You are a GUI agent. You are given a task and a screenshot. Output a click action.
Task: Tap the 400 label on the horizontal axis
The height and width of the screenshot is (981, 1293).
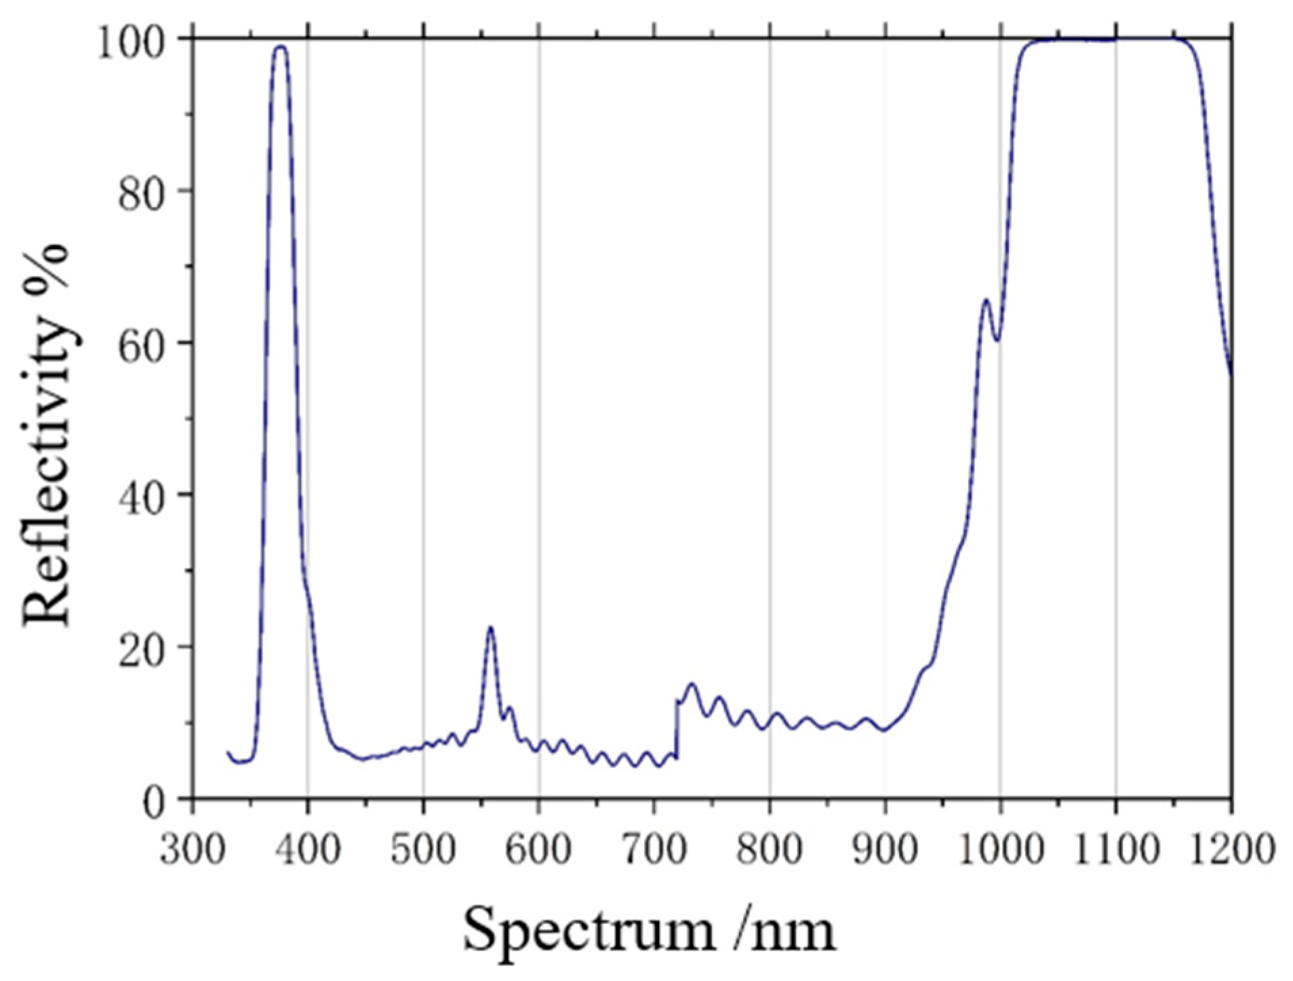click(307, 849)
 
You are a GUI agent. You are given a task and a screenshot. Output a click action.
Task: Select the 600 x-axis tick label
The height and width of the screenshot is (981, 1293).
click(538, 849)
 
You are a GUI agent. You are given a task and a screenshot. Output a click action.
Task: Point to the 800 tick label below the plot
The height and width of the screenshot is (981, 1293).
click(769, 849)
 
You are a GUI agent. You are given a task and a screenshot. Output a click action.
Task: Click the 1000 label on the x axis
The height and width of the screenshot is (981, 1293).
click(999, 849)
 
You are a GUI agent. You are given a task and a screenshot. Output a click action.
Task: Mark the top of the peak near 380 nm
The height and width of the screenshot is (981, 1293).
click(280, 46)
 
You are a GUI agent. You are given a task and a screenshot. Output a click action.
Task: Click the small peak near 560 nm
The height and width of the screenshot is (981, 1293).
click(490, 627)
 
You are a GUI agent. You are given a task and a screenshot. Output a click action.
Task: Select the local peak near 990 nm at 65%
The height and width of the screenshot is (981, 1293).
click(987, 299)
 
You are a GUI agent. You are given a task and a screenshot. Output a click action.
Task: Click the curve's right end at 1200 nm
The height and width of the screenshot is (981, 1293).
click(1231, 373)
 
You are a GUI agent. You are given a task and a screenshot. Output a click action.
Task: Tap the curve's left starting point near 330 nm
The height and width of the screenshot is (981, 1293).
click(228, 752)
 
